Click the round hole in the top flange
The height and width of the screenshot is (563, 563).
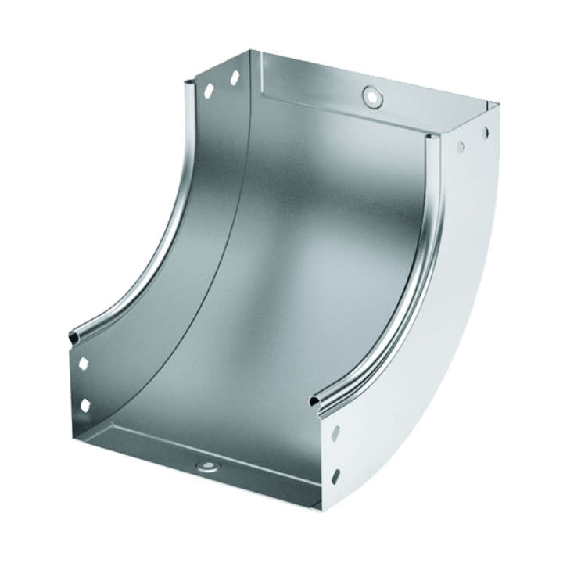coord(373,95)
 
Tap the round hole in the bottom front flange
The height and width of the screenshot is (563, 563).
coord(208,468)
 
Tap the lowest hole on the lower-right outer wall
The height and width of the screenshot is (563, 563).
coord(336,476)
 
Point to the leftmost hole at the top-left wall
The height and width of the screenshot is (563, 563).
coord(210,91)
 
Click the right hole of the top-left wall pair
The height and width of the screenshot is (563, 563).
coord(233,78)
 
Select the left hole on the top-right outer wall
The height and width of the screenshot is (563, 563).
coord(461,145)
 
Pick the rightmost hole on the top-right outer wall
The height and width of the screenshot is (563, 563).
coord(486,131)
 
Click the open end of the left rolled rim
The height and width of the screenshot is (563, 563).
coord(74,337)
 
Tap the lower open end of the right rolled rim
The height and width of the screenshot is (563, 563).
coord(315,401)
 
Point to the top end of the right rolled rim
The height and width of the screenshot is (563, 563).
coord(429,139)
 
